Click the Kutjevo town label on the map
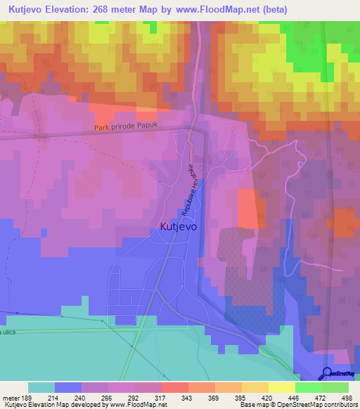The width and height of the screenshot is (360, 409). (179, 227)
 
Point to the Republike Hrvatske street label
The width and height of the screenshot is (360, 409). (188, 191)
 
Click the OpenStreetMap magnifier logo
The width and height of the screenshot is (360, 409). (328, 373)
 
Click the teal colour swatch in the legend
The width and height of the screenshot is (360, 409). (41, 387)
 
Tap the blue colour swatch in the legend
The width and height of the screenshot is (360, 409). (68, 387)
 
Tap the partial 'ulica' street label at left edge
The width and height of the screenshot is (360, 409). (8, 331)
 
